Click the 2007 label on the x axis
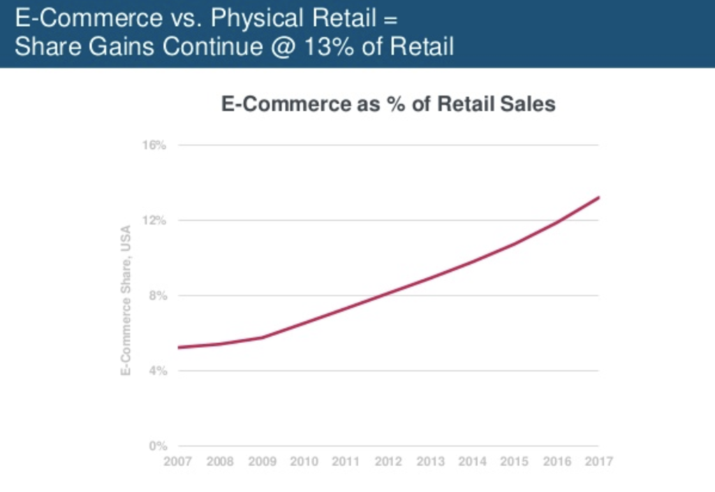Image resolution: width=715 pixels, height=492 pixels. pos(178,461)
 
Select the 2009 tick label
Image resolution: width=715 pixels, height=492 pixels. pos(263,461)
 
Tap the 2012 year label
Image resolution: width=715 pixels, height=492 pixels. pos(388,461)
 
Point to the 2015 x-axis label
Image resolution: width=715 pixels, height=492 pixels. pos(515,461)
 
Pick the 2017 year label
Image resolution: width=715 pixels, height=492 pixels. pos(598,461)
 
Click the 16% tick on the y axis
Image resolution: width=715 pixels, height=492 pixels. pos(155,145)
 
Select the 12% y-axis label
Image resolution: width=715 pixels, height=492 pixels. pos(155,220)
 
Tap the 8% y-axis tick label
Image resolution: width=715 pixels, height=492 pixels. pos(158,296)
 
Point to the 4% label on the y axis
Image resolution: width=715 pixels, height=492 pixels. pos(158,370)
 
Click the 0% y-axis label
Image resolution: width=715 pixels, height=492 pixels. pos(158,446)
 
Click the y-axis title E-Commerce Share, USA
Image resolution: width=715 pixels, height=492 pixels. pos(127,300)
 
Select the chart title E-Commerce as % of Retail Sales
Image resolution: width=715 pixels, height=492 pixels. pos(388,104)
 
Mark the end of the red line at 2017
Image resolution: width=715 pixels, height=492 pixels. pos(598,198)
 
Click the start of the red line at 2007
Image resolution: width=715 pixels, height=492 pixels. pos(179,347)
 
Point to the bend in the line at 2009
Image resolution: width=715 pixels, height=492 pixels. pos(263,337)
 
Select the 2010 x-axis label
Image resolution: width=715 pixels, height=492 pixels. pos(304,461)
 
